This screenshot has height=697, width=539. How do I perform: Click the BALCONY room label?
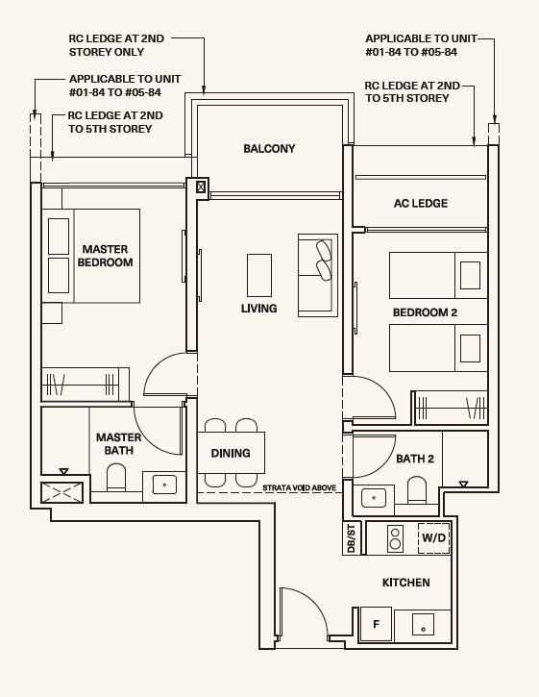click(269, 148)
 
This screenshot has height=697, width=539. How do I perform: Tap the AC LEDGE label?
click(421, 203)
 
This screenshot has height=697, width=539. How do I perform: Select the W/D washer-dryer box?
click(434, 537)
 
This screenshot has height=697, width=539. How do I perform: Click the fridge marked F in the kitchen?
click(376, 624)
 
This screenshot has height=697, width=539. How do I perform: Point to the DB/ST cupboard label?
click(351, 538)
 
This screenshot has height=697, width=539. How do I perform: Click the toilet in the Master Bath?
click(116, 477)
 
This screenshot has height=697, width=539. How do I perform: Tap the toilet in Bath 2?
click(416, 489)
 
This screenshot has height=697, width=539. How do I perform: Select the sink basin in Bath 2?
click(373, 498)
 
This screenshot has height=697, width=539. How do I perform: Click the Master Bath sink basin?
click(164, 485)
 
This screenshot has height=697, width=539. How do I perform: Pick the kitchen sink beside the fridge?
click(423, 625)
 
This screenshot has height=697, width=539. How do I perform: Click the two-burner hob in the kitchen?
click(395, 538)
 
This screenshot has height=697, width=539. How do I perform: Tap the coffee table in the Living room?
click(259, 275)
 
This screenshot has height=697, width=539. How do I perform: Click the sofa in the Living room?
click(318, 275)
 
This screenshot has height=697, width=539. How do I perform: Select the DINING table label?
click(231, 453)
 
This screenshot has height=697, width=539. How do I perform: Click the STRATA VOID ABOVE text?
click(299, 487)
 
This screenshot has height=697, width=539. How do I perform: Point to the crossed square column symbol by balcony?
click(201, 187)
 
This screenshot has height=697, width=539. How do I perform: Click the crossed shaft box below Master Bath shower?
click(61, 492)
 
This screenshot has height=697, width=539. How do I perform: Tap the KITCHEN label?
click(405, 583)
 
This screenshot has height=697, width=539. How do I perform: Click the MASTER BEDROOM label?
click(105, 256)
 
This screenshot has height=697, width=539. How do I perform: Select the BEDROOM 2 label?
click(425, 312)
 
